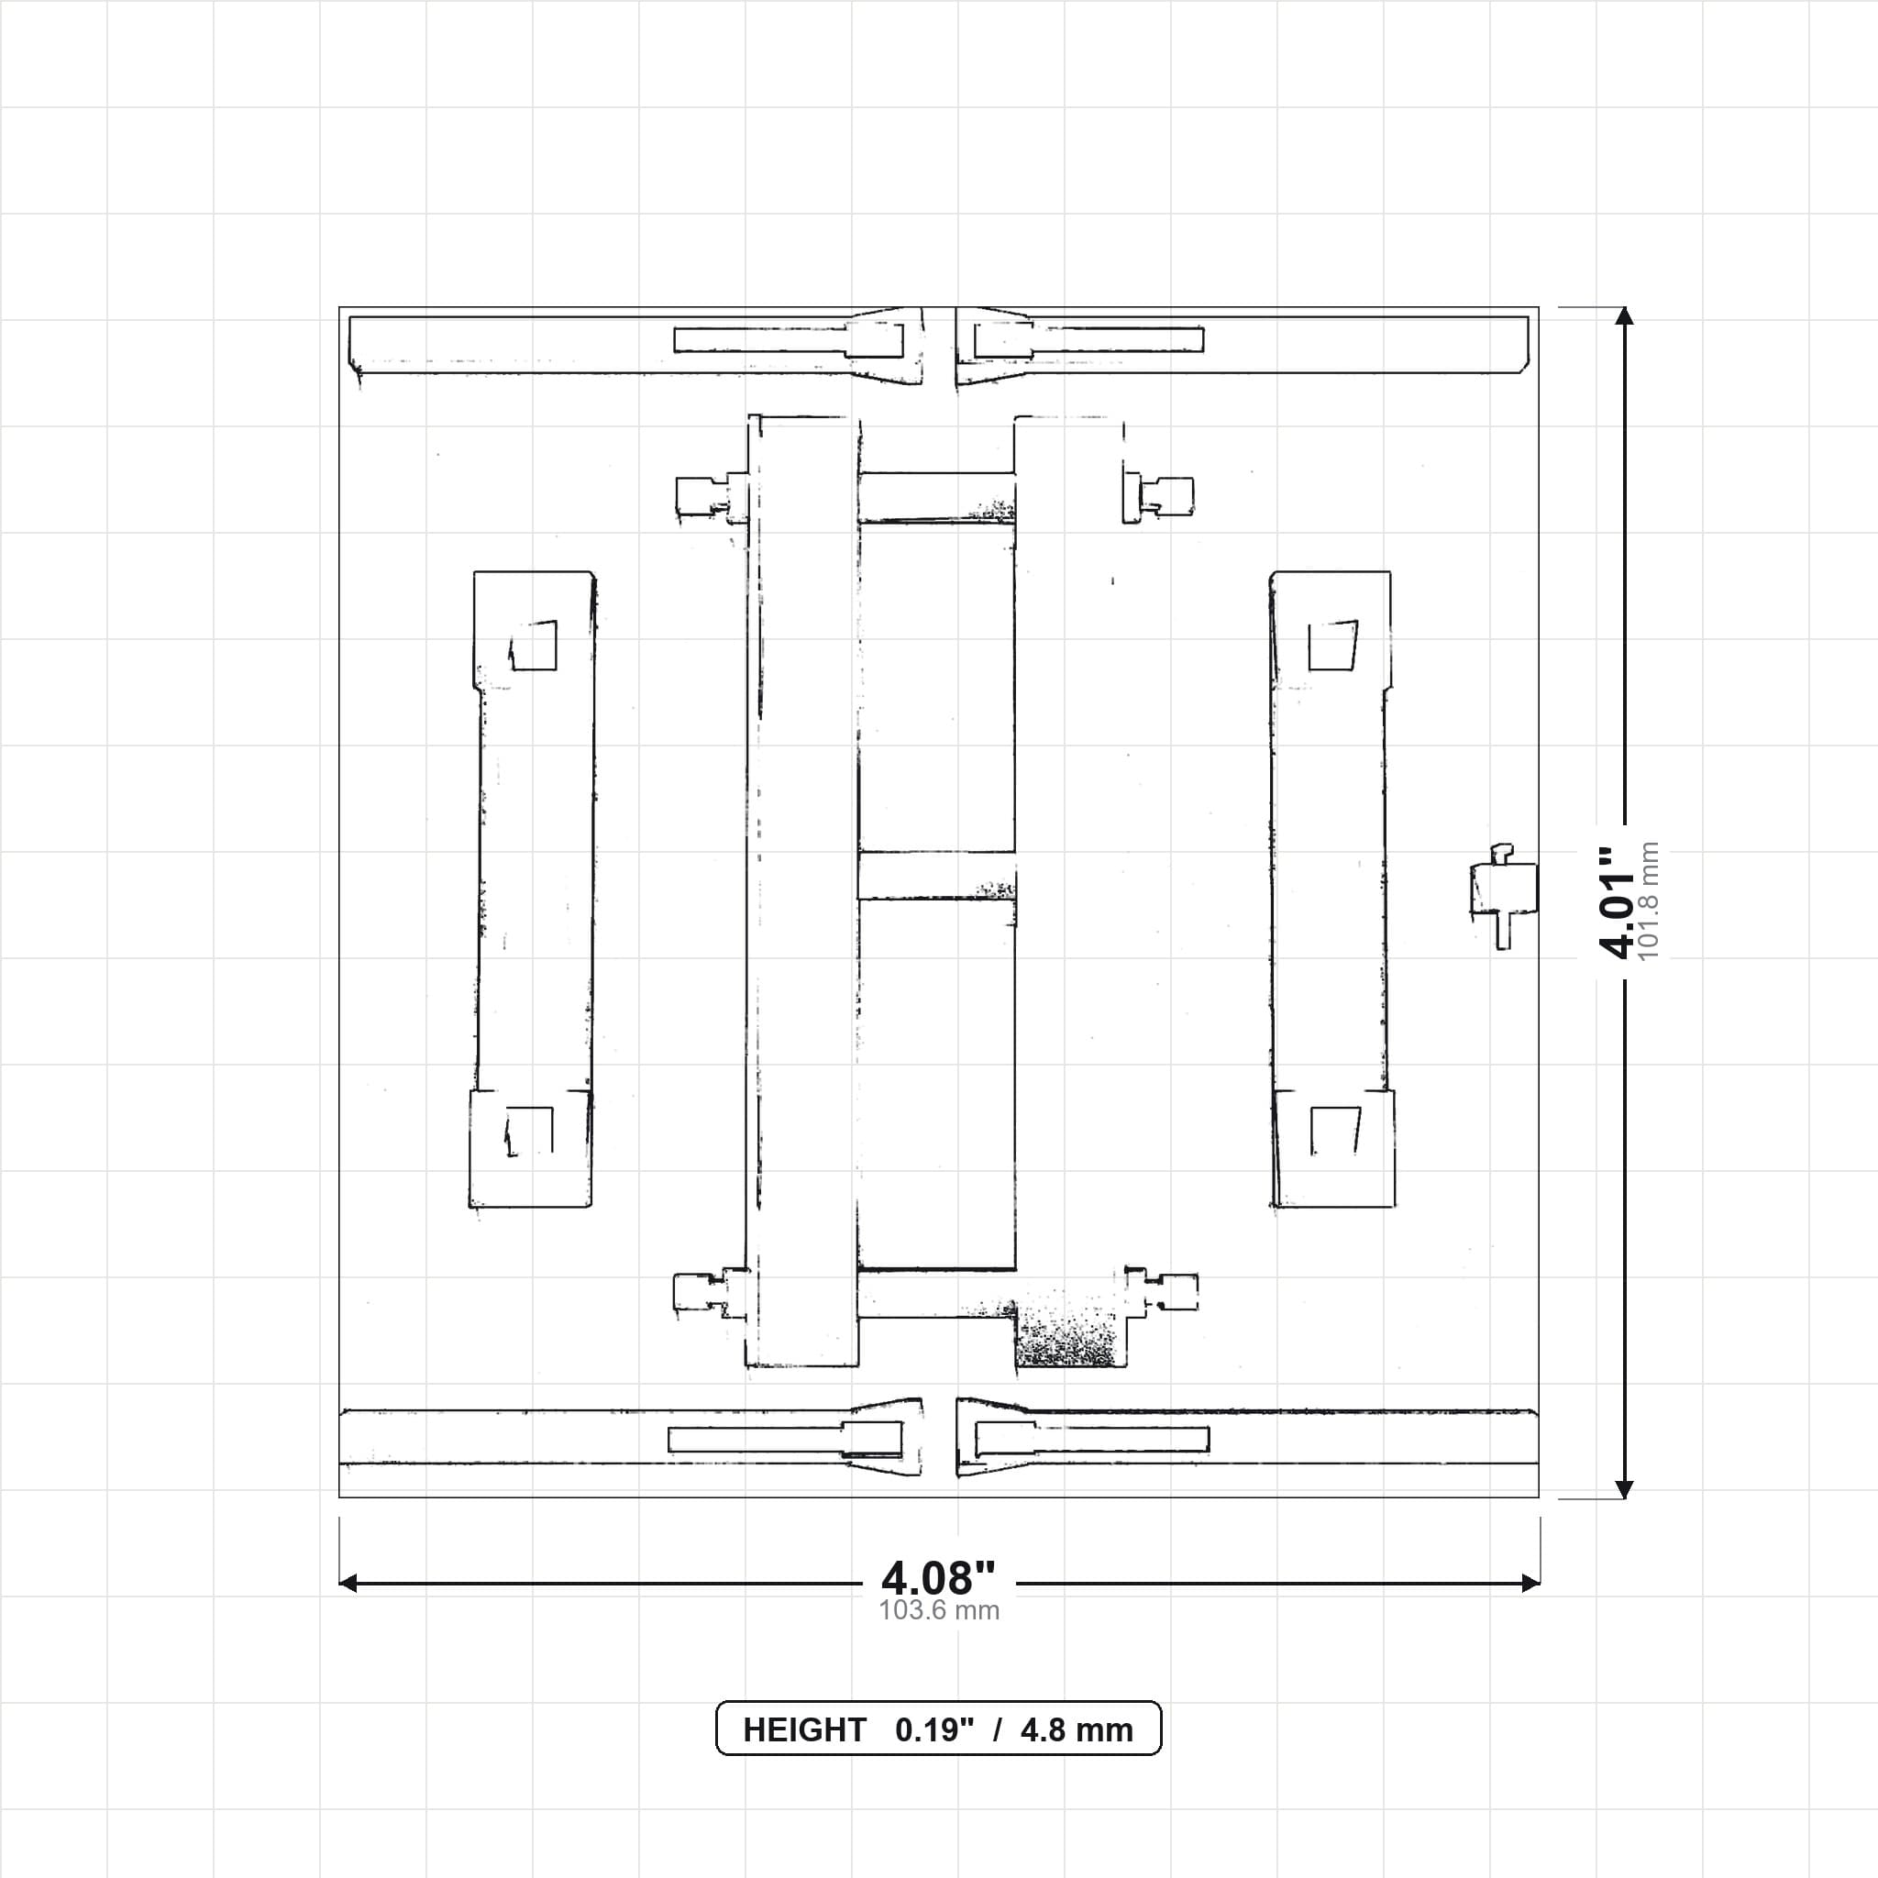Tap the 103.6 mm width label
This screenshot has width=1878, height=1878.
coord(939,1610)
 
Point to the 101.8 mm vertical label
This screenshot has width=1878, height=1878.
coord(1649,901)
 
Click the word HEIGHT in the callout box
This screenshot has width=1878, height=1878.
coord(804,1730)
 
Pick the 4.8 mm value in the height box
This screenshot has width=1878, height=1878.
coord(1077,1730)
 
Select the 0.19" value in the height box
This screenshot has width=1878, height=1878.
coord(934,1730)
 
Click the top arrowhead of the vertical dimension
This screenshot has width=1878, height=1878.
coord(1623,316)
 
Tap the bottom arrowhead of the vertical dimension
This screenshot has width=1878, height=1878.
coord(1623,1489)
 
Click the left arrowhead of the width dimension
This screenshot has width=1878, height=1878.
coord(348,1584)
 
